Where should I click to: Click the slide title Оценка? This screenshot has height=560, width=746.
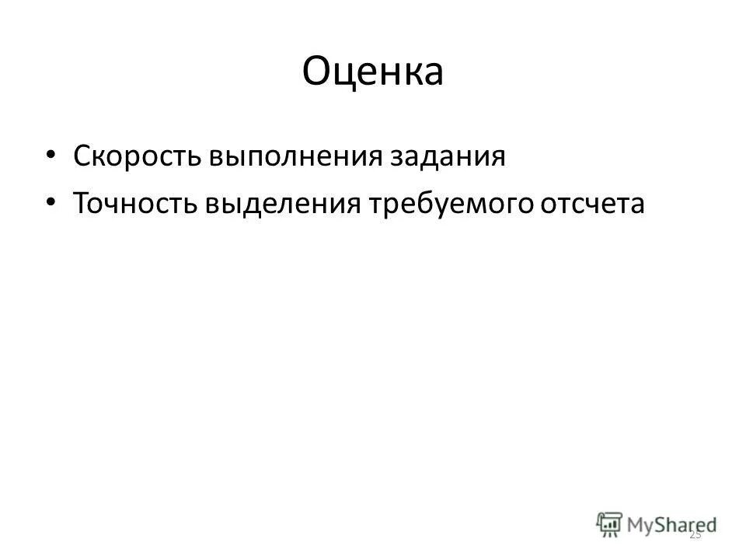click(x=372, y=72)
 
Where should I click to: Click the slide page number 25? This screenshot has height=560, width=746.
click(x=695, y=534)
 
